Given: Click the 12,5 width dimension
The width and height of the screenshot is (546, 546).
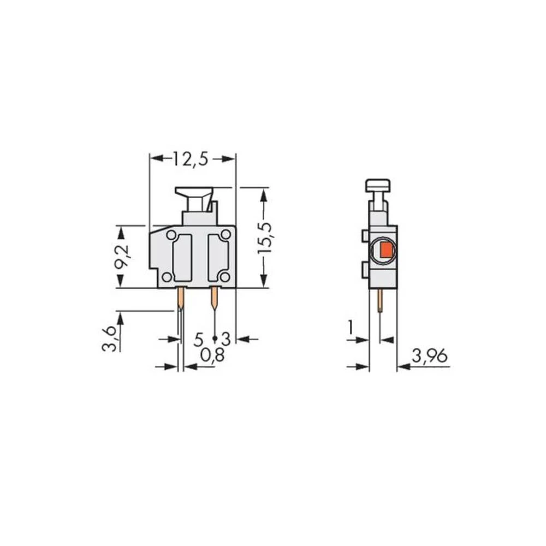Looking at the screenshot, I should tap(191, 159).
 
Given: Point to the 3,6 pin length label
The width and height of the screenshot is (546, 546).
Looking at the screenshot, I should tap(109, 338).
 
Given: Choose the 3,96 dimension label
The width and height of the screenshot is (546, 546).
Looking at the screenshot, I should tap(430, 357).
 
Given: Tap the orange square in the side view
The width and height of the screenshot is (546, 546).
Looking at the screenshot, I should tap(386, 251).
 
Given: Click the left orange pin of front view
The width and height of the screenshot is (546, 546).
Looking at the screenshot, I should tap(181, 298).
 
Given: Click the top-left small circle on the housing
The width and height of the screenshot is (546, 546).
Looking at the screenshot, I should tap(171, 235).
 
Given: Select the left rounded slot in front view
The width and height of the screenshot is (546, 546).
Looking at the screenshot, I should tap(182, 258).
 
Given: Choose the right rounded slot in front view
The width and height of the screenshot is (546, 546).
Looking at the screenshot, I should tap(218, 258).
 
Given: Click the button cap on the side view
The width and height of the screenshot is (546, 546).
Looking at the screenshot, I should tap(378, 185).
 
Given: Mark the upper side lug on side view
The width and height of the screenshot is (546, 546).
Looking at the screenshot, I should tap(365, 236).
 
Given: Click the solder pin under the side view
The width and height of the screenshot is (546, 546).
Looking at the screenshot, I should tap(379, 300).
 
